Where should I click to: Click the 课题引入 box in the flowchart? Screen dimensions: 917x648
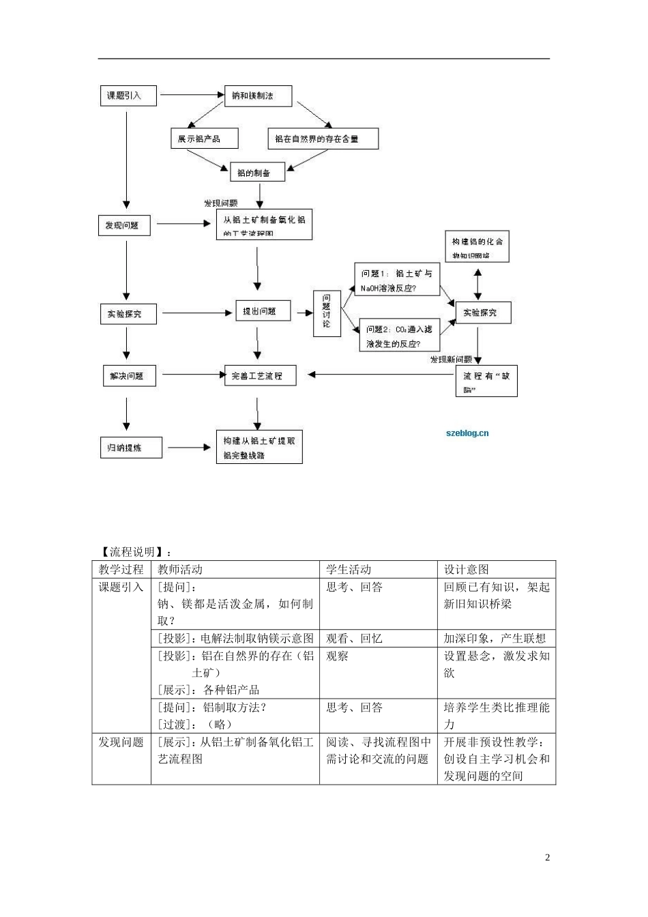[128, 96]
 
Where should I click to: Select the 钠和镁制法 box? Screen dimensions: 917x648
[258, 96]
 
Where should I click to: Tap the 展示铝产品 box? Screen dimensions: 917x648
[204, 139]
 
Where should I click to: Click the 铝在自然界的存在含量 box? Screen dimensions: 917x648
[322, 139]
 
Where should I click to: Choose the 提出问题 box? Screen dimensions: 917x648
[263, 311]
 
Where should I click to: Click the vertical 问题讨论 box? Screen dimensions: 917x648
[327, 312]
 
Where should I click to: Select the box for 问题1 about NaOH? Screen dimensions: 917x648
[396, 280]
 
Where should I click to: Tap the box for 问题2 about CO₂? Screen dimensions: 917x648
[398, 336]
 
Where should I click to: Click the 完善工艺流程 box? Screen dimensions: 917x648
[260, 375]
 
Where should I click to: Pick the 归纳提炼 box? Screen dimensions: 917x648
[131, 448]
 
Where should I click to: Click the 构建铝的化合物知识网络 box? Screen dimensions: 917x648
[477, 248]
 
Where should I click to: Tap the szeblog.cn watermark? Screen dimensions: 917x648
[467, 433]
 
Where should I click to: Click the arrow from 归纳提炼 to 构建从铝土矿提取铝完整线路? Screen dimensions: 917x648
[189, 448]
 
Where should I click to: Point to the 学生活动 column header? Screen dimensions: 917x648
[349, 570]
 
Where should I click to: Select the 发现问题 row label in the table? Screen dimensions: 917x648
[121, 742]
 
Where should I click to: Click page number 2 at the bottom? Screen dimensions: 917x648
[547, 858]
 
